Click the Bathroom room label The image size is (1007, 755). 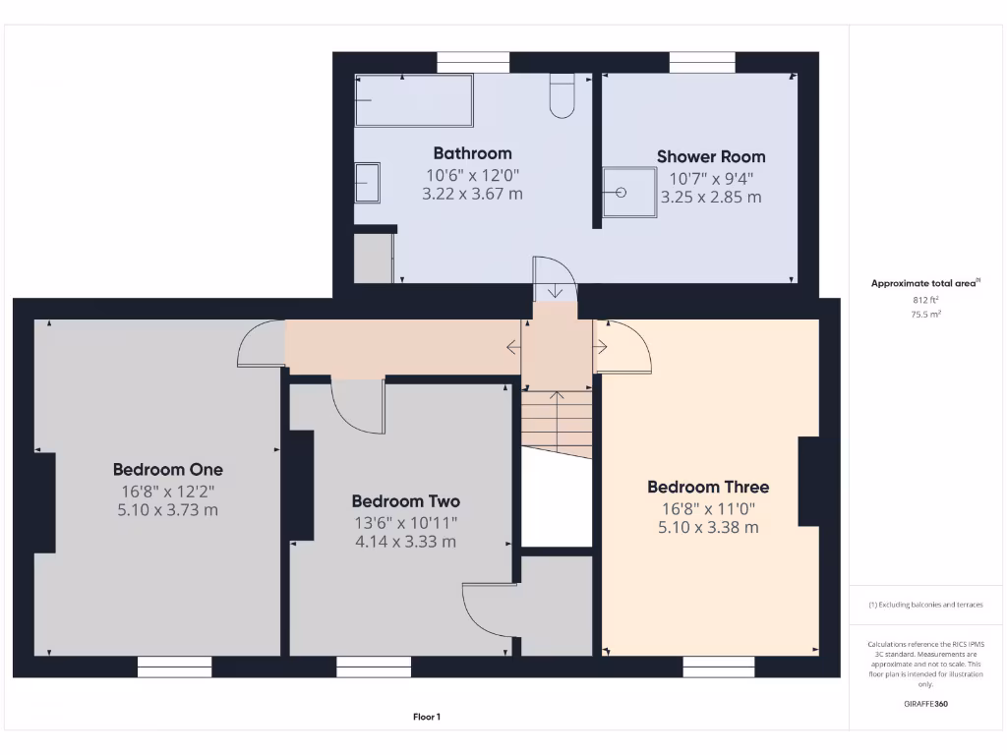click(472, 153)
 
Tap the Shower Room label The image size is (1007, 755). click(710, 156)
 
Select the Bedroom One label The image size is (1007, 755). click(167, 469)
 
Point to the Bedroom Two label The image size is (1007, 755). click(405, 501)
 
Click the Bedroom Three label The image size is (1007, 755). click(708, 487)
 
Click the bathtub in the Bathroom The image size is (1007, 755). click(413, 101)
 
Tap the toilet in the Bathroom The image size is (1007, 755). click(562, 96)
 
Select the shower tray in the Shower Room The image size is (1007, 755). click(627, 190)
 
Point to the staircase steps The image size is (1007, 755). click(557, 418)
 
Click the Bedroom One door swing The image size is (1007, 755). click(260, 346)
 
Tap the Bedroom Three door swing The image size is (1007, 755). click(623, 346)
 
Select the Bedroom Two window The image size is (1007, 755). click(374, 668)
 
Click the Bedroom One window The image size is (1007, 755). click(174, 668)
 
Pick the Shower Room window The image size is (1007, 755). click(702, 62)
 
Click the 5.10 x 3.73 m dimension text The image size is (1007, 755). click(167, 510)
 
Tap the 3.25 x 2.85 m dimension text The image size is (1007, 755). click(710, 197)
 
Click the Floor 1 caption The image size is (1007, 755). click(426, 718)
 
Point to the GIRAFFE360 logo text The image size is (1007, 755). click(925, 704)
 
